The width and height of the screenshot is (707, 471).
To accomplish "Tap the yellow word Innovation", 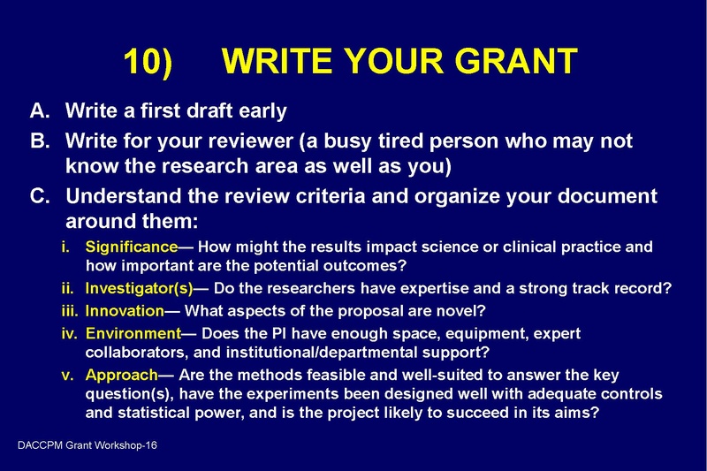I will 125,311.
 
